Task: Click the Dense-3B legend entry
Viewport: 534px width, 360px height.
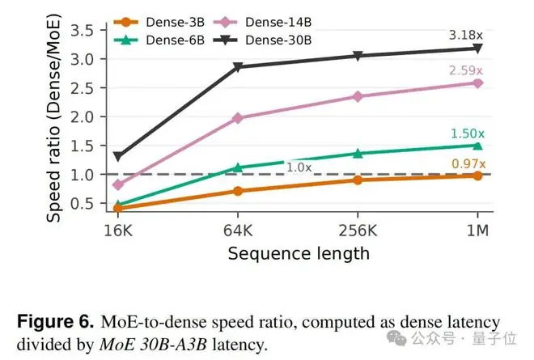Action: click(x=159, y=23)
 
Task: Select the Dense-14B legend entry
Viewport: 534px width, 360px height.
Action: click(x=262, y=23)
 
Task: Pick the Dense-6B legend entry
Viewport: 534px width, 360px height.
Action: click(x=159, y=40)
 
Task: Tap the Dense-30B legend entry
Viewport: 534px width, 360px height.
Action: click(x=262, y=40)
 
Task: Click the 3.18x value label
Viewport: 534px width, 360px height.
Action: click(x=465, y=35)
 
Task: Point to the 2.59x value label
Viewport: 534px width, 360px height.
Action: click(x=465, y=70)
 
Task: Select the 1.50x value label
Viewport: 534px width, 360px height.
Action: click(x=468, y=133)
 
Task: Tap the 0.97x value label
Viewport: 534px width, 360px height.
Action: click(x=468, y=164)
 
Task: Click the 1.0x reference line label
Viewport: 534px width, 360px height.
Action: click(x=299, y=167)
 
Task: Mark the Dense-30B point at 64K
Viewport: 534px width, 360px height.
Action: click(x=238, y=67)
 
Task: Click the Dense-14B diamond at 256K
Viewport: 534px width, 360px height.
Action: click(x=358, y=97)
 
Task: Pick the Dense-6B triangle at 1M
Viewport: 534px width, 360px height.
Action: click(x=477, y=146)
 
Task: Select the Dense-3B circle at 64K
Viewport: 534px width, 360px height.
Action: click(x=238, y=191)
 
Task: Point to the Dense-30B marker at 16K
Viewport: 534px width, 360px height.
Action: click(x=118, y=157)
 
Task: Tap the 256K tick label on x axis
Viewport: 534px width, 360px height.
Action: click(x=358, y=231)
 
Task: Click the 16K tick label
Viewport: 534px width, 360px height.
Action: click(x=118, y=231)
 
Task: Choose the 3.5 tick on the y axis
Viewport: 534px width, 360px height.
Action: click(x=82, y=31)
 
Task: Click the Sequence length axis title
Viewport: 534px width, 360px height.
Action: click(x=299, y=254)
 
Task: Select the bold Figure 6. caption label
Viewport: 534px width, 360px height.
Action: click(x=56, y=322)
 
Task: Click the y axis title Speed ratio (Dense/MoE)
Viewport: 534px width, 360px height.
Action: click(x=54, y=118)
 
